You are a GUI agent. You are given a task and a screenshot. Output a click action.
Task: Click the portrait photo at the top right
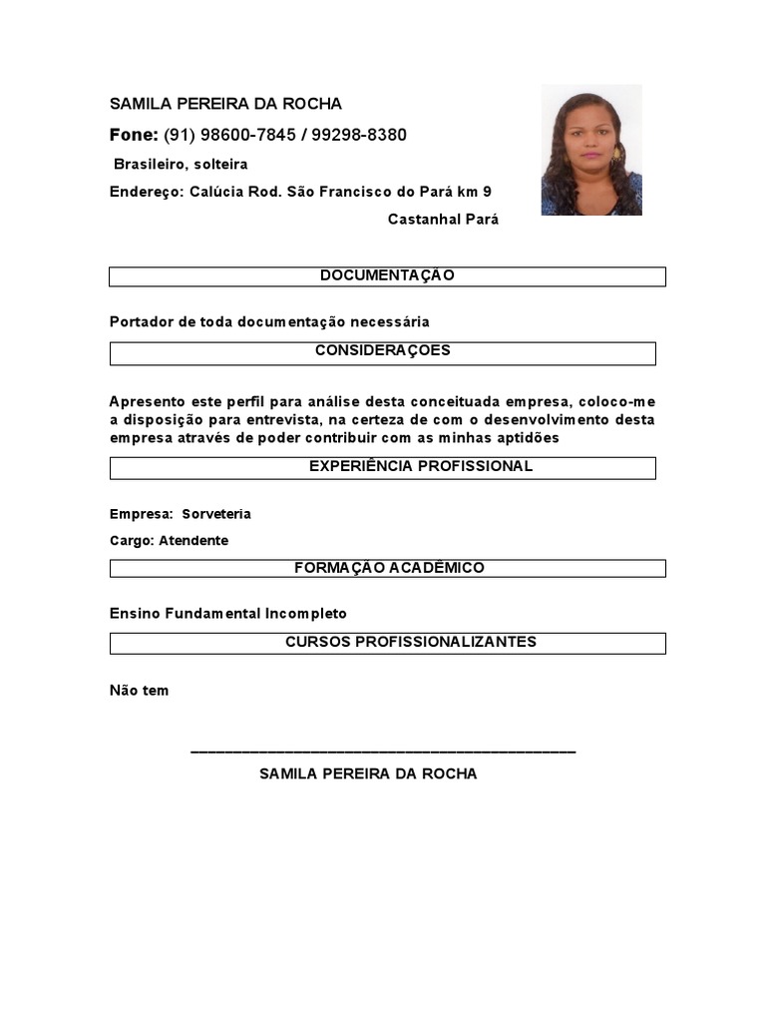[591, 150]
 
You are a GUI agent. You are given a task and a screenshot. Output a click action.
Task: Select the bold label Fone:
[134, 135]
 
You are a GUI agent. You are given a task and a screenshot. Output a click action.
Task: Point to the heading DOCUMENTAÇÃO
[387, 275]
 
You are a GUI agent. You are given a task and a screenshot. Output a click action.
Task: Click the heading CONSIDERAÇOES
[383, 351]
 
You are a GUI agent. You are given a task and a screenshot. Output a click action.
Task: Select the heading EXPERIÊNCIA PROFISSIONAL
[420, 466]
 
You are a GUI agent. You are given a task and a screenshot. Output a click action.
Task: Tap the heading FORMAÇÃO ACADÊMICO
[389, 568]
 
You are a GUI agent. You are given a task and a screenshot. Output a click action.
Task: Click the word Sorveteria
[216, 514]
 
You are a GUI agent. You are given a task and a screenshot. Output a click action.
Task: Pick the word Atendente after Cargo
[193, 541]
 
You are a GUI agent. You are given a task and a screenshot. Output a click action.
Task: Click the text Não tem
[139, 691]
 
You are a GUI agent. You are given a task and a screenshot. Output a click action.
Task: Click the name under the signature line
[368, 773]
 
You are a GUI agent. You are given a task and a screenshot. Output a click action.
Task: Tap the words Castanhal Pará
[443, 220]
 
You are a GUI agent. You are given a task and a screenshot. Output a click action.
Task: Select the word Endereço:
[145, 192]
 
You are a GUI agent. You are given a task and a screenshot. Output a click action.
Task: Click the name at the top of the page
[225, 104]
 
